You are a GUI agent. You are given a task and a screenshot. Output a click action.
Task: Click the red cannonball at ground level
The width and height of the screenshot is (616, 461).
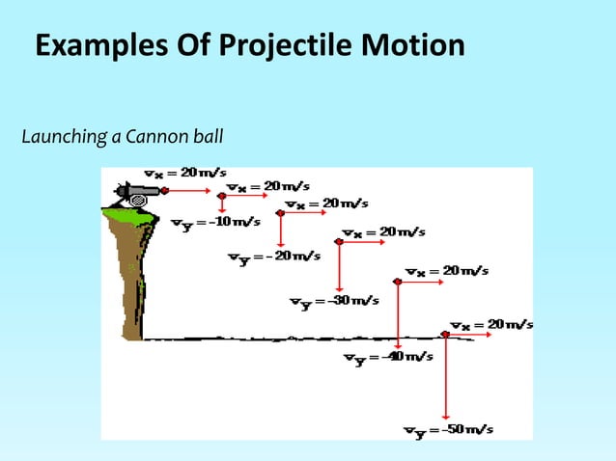pyautogui.click(x=445, y=335)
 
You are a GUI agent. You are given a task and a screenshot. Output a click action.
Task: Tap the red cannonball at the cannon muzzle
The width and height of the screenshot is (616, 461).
pyautogui.click(x=165, y=191)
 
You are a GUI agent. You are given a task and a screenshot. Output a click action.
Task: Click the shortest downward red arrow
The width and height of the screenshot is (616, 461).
pyautogui.click(x=223, y=203)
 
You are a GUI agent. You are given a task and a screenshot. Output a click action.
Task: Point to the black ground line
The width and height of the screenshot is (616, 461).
pyautogui.click(x=290, y=339)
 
